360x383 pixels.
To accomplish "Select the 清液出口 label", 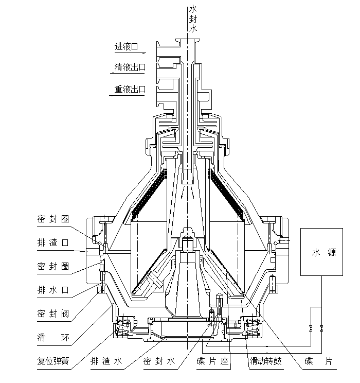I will pos(130,67).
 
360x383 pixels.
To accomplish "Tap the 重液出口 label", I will pos(130,89).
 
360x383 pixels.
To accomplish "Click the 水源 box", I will pos(321,252).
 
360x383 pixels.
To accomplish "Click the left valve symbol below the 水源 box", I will pos(310,328).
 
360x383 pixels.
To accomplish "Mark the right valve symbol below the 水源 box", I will pos(321,328).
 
